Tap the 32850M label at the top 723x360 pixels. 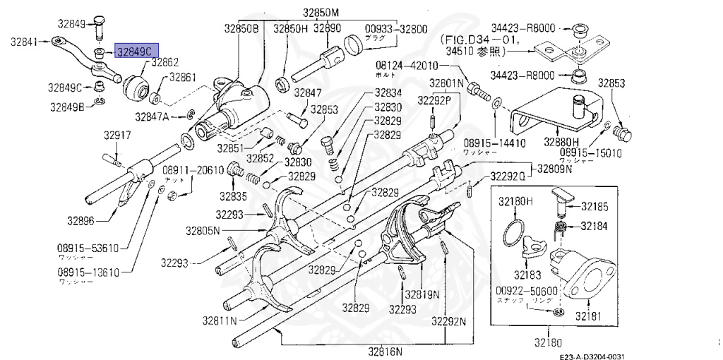click(321, 12)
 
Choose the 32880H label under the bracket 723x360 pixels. click(561, 142)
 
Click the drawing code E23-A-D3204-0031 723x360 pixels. click(593, 356)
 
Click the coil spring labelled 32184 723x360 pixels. click(558, 227)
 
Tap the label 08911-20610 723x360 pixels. click(193, 170)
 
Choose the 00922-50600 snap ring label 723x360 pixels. click(526, 290)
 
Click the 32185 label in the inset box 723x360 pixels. click(597, 206)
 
